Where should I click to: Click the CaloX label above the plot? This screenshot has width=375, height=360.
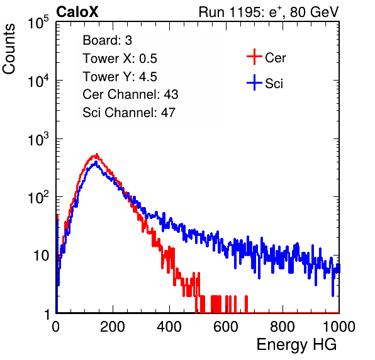click(77, 12)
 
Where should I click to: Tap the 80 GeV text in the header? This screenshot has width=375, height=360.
click(314, 12)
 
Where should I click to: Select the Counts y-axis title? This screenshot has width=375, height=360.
click(9, 49)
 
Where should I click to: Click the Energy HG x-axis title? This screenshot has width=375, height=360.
click(296, 345)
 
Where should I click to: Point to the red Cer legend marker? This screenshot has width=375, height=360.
click(254, 57)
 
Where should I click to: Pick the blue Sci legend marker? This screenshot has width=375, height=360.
click(254, 82)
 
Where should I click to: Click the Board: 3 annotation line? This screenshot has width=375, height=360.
click(107, 40)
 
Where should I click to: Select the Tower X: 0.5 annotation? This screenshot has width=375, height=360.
click(120, 59)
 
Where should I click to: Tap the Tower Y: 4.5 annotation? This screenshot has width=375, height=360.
click(120, 77)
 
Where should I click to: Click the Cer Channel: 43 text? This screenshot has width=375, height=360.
click(130, 94)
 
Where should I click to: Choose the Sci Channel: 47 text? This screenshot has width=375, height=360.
click(129, 113)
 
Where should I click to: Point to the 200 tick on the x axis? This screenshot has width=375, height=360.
click(113, 327)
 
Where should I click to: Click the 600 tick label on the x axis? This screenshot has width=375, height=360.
click(226, 327)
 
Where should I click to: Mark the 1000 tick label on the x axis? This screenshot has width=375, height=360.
click(339, 327)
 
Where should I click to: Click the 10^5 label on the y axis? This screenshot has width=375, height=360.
click(38, 23)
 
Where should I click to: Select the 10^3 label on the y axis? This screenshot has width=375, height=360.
click(38, 140)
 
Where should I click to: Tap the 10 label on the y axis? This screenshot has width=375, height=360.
click(42, 256)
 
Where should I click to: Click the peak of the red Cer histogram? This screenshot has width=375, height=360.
click(97, 154)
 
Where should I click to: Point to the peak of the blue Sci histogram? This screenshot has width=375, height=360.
click(96, 162)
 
